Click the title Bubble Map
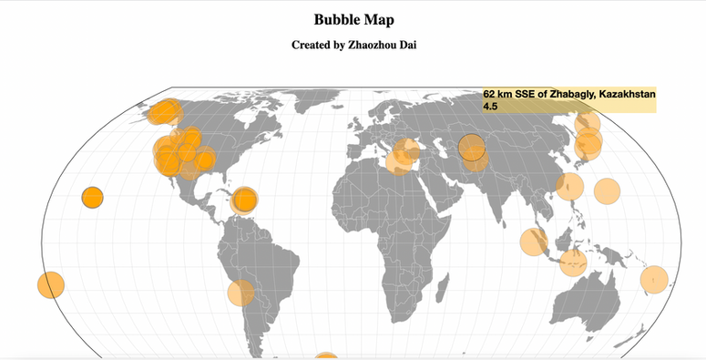[x=353, y=19]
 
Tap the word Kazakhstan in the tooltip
[x=626, y=94]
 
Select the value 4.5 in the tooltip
[x=490, y=107]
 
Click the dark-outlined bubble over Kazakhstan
[x=472, y=147]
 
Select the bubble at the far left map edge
[x=51, y=284]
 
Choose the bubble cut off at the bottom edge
[x=326, y=356]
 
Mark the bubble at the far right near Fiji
[x=654, y=278]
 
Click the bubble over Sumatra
[x=533, y=242]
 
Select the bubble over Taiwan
[x=569, y=186]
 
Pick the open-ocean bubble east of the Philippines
[x=607, y=191]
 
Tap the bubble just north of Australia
[x=573, y=262]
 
